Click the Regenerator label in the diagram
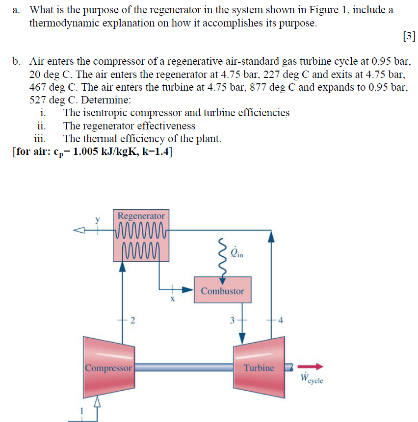(x=141, y=216)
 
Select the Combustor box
(x=222, y=291)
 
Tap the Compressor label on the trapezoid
(x=108, y=368)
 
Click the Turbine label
(x=259, y=367)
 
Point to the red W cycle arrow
(x=312, y=366)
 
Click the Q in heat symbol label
(x=237, y=253)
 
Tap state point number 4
(x=281, y=321)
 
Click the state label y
(x=98, y=221)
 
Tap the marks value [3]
(x=408, y=36)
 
